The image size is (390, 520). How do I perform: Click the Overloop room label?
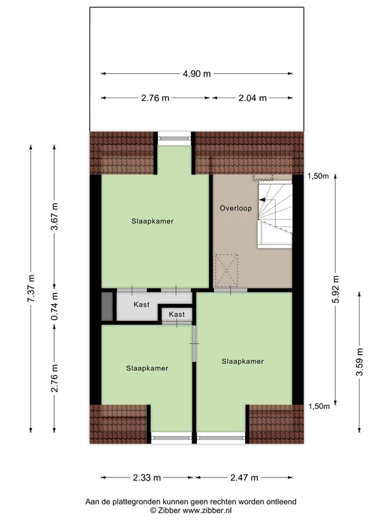236,209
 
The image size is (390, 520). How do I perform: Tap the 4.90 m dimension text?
196,74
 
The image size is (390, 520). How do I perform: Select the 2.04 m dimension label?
253,97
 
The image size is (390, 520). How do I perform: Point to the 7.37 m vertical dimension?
31,288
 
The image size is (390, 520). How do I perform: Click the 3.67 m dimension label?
54,216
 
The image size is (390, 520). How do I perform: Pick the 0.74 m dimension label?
54,306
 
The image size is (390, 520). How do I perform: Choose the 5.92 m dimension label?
335,289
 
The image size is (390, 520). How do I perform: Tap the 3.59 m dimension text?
360,362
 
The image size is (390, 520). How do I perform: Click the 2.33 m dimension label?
147,477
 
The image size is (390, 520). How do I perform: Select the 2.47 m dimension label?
244,477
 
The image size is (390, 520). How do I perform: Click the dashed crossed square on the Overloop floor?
227,270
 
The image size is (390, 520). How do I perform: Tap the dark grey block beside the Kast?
107,307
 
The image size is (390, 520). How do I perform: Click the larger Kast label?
142,304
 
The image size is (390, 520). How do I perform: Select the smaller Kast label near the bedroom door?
177,314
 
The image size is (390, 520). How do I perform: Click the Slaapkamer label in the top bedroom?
152,221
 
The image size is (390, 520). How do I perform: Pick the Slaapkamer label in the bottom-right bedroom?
243,361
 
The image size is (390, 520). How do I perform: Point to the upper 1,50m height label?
319,176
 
